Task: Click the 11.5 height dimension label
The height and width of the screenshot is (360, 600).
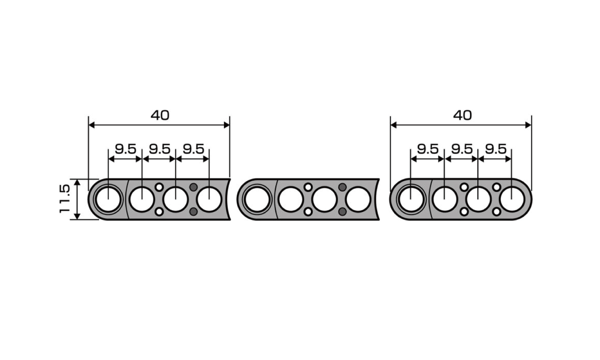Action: click(x=65, y=199)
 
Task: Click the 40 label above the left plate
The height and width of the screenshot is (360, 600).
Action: click(x=160, y=115)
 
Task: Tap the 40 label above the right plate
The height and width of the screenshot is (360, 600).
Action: click(x=462, y=115)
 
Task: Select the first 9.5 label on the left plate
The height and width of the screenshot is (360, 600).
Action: click(x=126, y=149)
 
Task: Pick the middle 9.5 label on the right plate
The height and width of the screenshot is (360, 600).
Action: click(x=462, y=149)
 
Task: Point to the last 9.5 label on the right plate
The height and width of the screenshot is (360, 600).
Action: click(x=496, y=149)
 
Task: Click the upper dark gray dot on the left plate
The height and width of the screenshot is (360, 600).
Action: click(x=193, y=187)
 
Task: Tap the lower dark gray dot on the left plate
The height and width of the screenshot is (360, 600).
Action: click(x=193, y=212)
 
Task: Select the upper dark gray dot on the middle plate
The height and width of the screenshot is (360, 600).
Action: click(x=342, y=187)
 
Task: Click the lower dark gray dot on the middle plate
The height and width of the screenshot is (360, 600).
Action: click(x=342, y=212)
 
